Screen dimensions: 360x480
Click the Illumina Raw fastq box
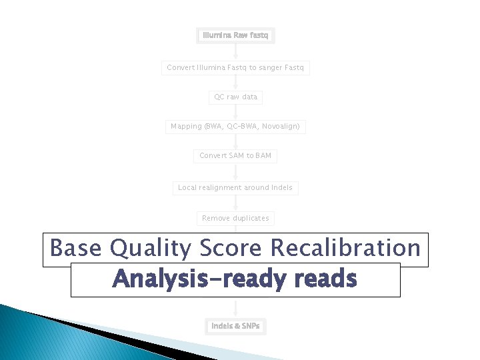click(235, 35)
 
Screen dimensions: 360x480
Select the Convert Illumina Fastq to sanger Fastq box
click(235, 67)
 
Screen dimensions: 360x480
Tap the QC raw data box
click(235, 97)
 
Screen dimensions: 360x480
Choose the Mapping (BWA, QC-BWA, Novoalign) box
click(235, 126)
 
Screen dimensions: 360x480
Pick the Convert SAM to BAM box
click(235, 156)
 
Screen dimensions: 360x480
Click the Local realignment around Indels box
click(235, 188)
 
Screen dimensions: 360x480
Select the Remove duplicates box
click(235, 218)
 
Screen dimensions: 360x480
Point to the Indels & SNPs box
click(235, 326)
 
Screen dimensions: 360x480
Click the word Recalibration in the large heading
click(345, 249)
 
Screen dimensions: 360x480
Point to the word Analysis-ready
click(189, 279)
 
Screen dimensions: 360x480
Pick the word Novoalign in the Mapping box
click(282, 126)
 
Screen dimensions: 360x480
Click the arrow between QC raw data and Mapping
click(235, 112)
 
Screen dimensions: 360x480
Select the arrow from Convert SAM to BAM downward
click(235, 172)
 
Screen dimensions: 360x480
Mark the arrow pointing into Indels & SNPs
click(235, 308)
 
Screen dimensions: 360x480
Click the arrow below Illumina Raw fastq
click(235, 52)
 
